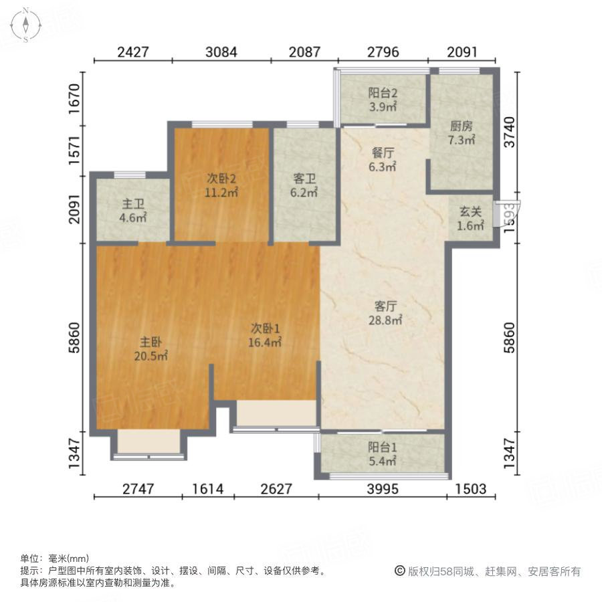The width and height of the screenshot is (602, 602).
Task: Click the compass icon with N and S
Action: pos(25,25)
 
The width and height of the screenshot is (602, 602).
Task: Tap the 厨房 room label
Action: pos(461,126)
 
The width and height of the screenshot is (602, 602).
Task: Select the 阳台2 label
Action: pos(383,94)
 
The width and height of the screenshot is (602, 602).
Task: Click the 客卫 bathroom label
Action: pos(304,179)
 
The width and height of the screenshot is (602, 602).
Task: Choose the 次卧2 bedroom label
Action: pos(221,179)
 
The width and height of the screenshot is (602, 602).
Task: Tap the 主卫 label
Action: pos(133,204)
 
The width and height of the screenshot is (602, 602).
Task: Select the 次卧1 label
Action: pos(266,328)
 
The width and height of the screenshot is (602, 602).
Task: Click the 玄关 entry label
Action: pos(470,211)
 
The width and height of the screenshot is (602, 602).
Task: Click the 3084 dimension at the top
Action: pos(221,52)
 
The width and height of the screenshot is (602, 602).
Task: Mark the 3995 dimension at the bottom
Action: pos(382,489)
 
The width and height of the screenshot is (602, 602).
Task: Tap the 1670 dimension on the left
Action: pos(76,97)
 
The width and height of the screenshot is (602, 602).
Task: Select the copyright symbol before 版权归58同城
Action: pos(400,571)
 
